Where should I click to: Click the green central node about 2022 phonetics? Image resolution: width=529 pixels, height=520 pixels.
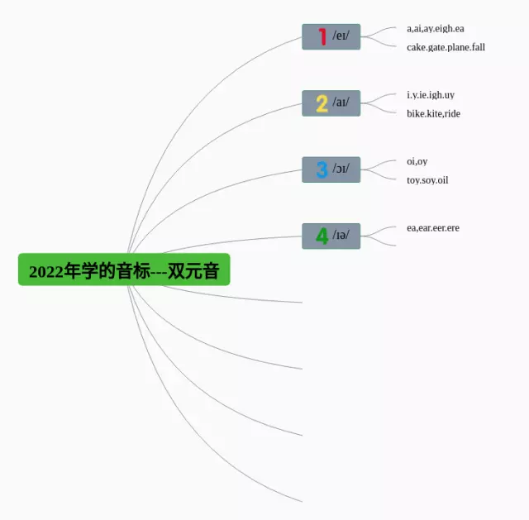[x=124, y=270]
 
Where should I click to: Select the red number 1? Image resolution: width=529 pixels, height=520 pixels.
[x=322, y=36]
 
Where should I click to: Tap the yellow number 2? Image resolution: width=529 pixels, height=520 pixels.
[x=322, y=103]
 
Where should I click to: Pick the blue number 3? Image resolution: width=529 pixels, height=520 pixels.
[x=322, y=169]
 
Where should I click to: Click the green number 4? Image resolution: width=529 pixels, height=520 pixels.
[x=322, y=236]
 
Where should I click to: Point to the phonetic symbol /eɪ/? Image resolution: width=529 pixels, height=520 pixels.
[x=341, y=36]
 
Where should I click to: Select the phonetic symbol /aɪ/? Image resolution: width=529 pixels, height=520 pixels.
[x=341, y=103]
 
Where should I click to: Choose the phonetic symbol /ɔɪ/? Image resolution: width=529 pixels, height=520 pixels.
[x=341, y=169]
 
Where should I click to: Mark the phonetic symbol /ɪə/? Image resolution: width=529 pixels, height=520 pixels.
[x=341, y=236]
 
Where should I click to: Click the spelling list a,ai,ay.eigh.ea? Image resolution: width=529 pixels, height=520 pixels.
[x=435, y=28]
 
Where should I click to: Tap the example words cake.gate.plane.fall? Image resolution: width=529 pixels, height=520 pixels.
[x=446, y=47]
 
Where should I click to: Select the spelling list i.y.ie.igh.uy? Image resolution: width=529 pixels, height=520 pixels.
[x=430, y=95]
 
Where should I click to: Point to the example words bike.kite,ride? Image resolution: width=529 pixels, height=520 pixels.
[x=433, y=113]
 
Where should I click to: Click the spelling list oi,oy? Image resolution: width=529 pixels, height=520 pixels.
[x=417, y=161]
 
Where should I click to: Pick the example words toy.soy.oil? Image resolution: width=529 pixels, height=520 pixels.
[x=427, y=179]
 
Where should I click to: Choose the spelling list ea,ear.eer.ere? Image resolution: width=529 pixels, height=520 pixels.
[x=432, y=227]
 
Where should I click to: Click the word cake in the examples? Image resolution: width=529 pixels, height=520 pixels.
[x=417, y=47]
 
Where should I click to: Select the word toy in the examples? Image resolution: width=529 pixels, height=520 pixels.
[x=414, y=179]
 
